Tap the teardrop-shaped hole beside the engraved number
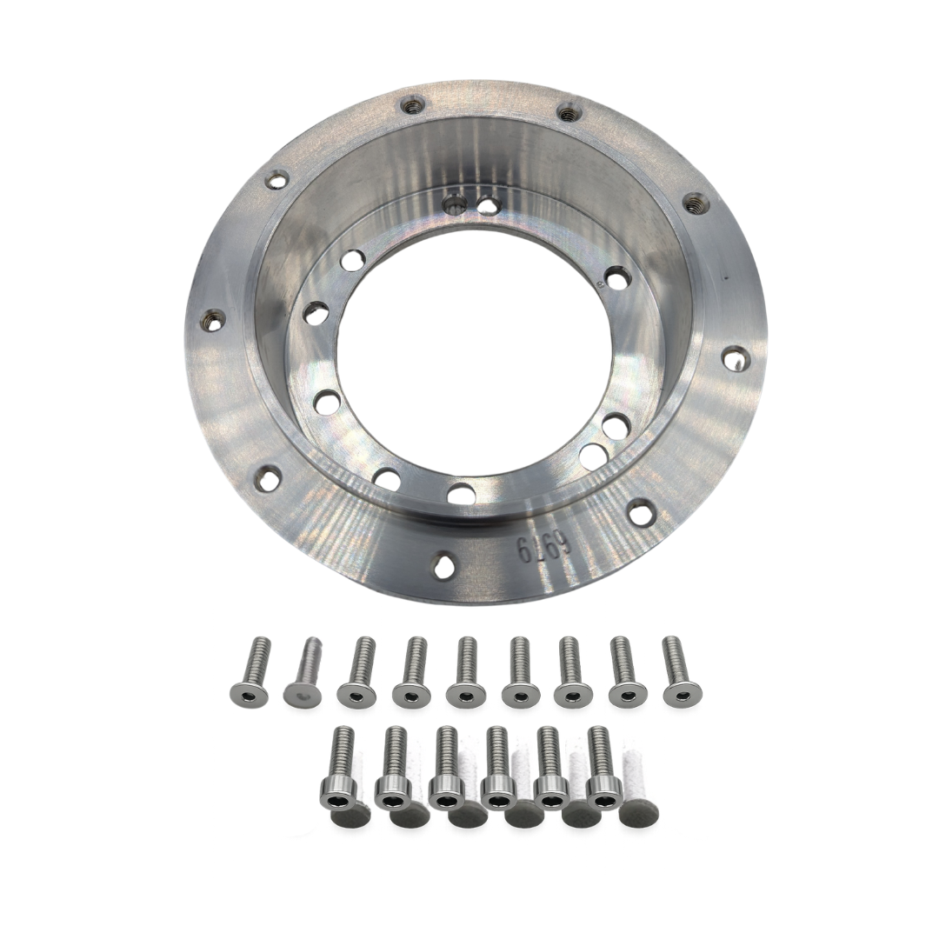pos(443,566)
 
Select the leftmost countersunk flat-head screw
pos(250,671)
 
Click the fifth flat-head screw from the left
pos(465,670)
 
